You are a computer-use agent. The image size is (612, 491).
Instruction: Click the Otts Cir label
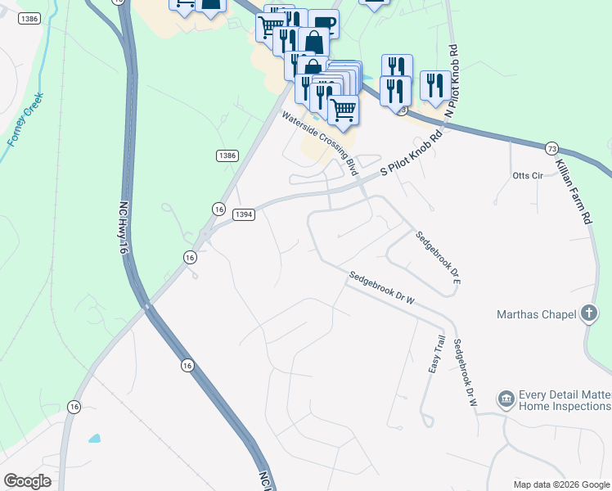(x=527, y=176)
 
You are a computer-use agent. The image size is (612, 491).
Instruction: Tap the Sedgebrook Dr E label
(x=439, y=258)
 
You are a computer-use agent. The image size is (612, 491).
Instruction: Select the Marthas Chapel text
(x=536, y=313)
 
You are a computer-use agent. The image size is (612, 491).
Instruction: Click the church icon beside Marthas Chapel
(x=587, y=313)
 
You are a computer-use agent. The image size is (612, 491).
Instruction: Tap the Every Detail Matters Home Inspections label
(x=565, y=400)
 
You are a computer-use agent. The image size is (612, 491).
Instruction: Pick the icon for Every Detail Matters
(x=506, y=399)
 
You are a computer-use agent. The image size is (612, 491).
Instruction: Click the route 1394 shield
(x=244, y=214)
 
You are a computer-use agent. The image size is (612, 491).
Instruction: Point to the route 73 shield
(x=552, y=148)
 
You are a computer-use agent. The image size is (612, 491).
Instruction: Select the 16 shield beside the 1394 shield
(x=218, y=209)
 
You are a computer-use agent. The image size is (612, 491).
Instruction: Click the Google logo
(x=27, y=481)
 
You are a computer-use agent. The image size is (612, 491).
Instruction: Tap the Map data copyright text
(x=561, y=484)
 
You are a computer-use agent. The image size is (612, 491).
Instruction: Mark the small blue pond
(x=95, y=438)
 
